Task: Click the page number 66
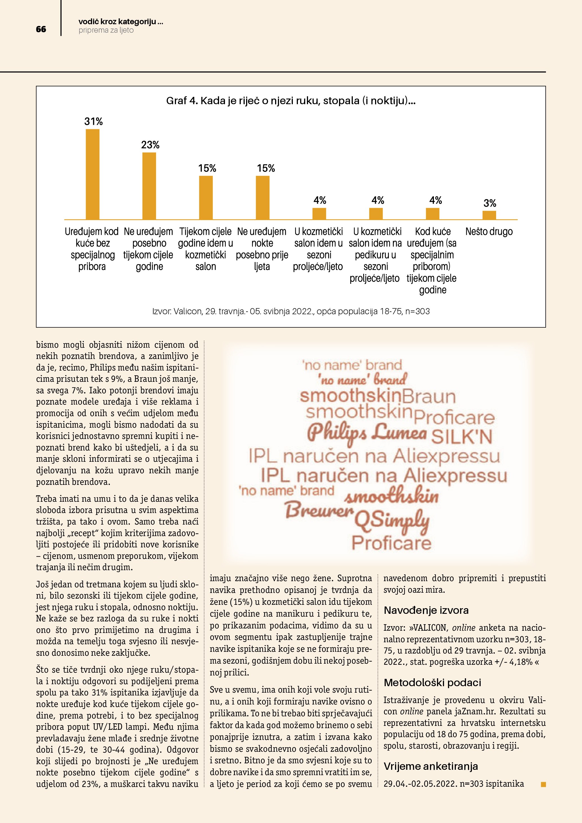pyautogui.click(x=41, y=29)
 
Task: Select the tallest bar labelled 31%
pyautogui.click(x=92, y=174)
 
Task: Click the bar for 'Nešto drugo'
pyautogui.click(x=489, y=215)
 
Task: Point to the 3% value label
pyautogui.click(x=490, y=204)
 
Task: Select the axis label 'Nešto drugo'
pyautogui.click(x=489, y=231)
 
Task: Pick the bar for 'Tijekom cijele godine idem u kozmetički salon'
pyautogui.click(x=206, y=197)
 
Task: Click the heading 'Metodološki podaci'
pyautogui.click(x=432, y=683)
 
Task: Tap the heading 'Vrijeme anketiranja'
pyautogui.click(x=431, y=766)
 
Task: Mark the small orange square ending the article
pyautogui.click(x=543, y=784)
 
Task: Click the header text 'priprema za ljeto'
pyautogui.click(x=106, y=30)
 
